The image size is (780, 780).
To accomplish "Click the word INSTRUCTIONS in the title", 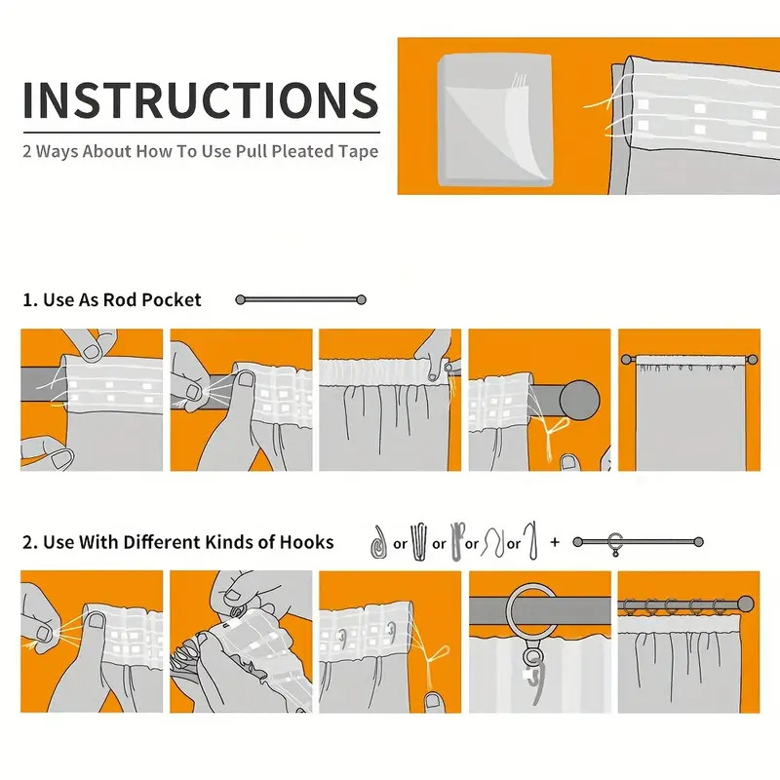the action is point(201,100).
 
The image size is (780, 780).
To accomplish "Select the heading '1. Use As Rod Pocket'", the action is point(112,300).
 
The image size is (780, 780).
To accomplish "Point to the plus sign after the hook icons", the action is point(555,542).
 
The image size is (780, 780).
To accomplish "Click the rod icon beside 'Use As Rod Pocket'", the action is point(300,299).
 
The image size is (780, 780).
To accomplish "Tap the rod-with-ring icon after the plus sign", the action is point(639,543).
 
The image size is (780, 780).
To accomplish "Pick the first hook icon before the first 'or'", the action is point(379,542).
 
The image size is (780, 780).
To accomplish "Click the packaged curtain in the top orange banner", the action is point(495,119).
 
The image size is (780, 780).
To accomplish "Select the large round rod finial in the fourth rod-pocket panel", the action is point(579,400).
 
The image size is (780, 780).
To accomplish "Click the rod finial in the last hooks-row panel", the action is point(745,604).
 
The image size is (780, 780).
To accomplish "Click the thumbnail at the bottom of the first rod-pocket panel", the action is point(62,458).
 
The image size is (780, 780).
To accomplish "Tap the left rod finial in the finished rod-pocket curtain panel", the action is point(626,359).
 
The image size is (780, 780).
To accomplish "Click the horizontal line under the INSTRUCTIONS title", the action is point(202,133).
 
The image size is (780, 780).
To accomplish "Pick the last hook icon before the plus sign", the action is point(532,541).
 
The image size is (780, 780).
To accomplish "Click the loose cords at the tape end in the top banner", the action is point(602,113).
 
